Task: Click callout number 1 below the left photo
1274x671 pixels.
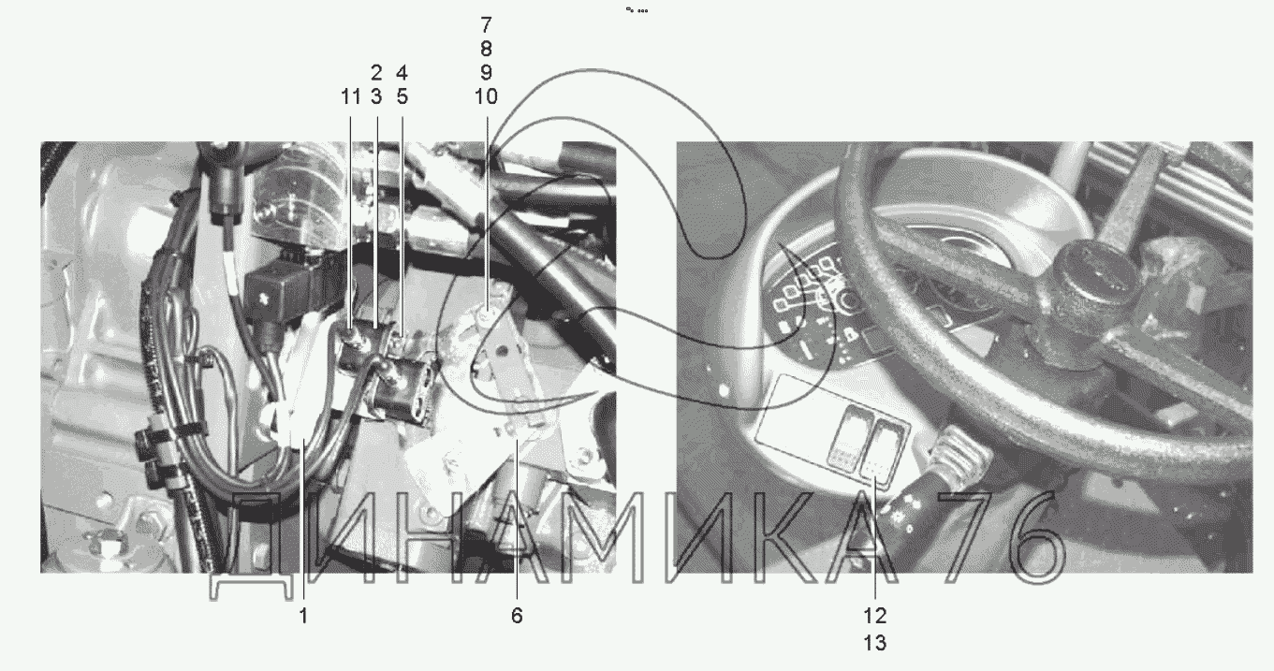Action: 303,615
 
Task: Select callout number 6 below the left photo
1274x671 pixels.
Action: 517,615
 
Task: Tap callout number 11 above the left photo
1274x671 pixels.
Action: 350,97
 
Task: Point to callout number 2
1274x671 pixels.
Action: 376,73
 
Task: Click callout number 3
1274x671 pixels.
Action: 376,97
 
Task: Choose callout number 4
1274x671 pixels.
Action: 402,73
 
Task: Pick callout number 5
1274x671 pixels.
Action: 402,97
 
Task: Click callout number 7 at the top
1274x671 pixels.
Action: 486,25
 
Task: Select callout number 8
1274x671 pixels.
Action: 486,49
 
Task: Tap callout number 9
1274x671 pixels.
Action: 486,73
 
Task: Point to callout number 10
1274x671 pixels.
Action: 486,97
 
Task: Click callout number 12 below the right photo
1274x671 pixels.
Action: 874,615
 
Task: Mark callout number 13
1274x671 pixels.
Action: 874,643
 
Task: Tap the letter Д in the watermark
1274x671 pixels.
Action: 253,546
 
